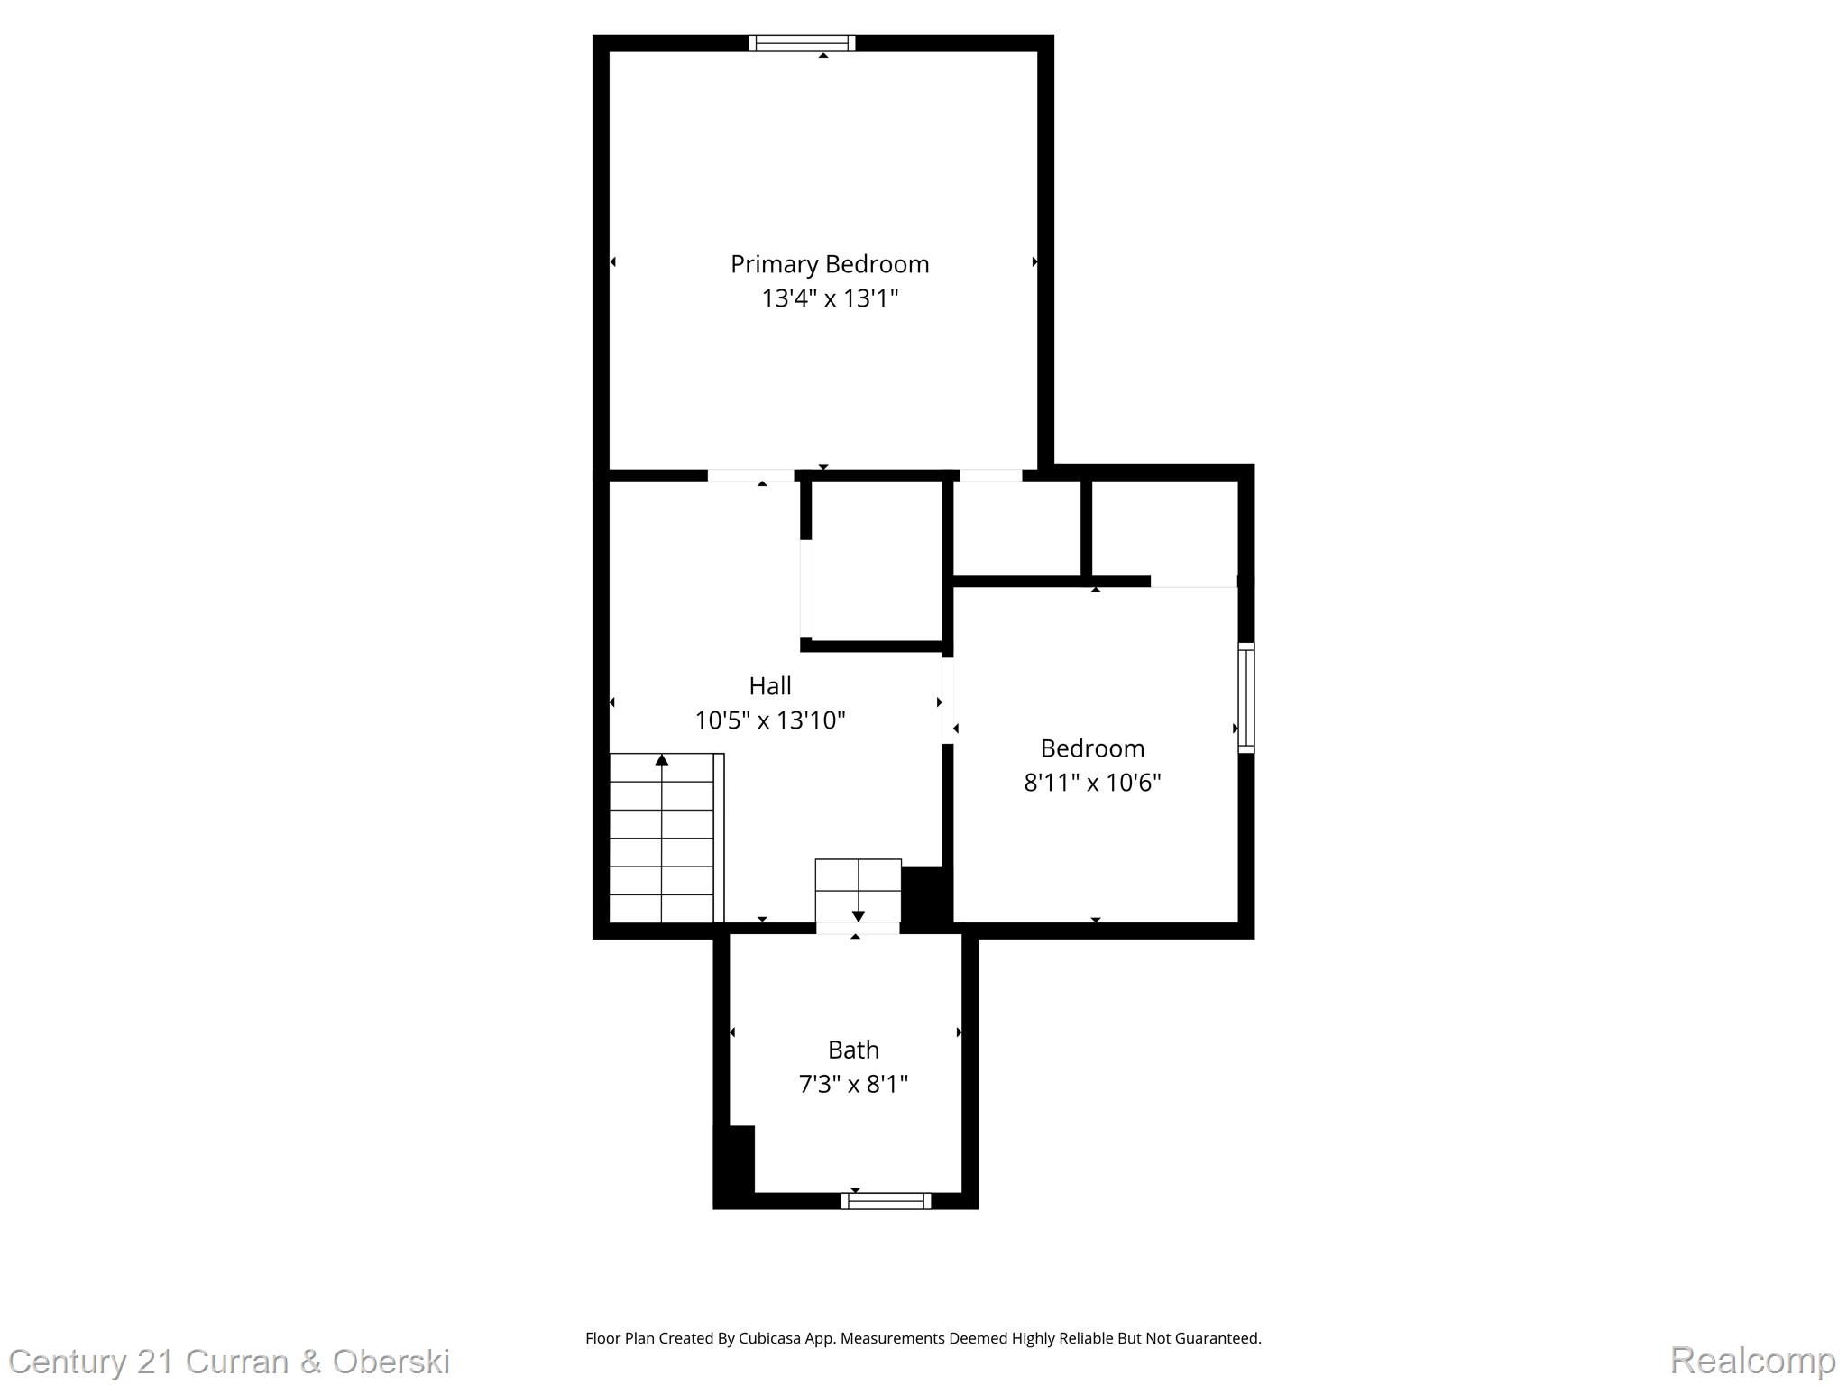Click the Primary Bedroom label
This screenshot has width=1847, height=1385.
829,264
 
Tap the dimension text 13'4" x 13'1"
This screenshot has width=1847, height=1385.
830,298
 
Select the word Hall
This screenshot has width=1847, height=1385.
769,686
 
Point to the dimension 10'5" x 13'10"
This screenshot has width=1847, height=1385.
769,720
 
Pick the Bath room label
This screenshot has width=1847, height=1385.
853,1050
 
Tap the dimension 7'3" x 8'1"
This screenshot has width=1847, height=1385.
853,1084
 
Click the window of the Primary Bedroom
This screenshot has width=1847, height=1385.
802,43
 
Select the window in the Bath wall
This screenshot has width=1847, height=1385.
886,1200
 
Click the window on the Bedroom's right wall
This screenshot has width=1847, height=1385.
1245,698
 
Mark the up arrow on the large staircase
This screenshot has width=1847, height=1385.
662,760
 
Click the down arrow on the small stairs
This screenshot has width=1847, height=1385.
858,915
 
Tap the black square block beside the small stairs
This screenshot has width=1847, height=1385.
925,895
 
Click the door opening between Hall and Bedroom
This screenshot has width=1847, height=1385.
948,701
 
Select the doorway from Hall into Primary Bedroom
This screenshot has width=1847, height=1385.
750,475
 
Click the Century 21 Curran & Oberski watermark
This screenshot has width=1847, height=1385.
229,1361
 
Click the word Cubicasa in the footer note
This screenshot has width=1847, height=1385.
772,1338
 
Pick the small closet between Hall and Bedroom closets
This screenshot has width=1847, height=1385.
1017,528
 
